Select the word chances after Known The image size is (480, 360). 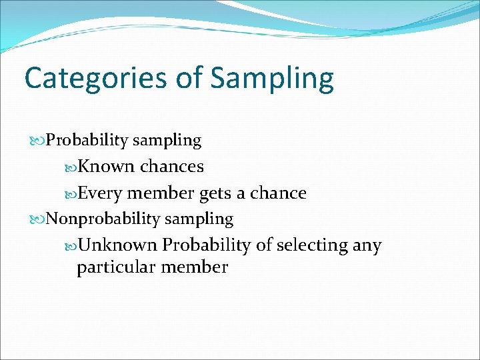coord(172,166)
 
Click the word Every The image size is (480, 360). coord(100,194)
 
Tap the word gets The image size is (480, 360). coord(215,194)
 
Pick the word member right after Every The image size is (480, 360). coord(161,193)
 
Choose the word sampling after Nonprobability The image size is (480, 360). coord(199,219)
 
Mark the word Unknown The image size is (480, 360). coord(117,245)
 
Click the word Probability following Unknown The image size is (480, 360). coord(207,245)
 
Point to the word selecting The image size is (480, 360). coord(311,246)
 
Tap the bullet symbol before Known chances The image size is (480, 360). coord(70,167)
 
